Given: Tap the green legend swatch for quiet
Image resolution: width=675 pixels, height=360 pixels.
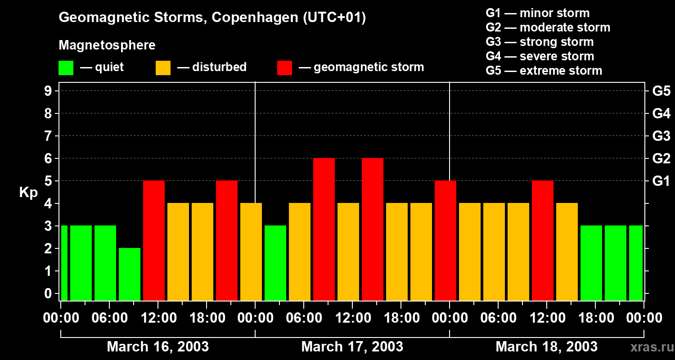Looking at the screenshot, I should pyautogui.click(x=66, y=67).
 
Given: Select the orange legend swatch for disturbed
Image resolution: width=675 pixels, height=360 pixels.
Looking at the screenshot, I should pyautogui.click(x=163, y=67).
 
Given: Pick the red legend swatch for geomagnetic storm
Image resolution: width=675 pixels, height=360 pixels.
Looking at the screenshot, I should pyautogui.click(x=284, y=67).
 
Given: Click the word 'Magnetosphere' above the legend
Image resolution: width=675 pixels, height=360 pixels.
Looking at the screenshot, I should pyautogui.click(x=107, y=45).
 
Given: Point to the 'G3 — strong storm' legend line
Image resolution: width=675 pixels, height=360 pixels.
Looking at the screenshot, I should pyautogui.click(x=540, y=42).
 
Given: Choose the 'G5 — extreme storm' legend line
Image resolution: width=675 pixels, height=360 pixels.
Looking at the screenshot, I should pyautogui.click(x=544, y=71).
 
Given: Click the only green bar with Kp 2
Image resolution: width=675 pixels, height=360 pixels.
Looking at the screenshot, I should pyautogui.click(x=130, y=274).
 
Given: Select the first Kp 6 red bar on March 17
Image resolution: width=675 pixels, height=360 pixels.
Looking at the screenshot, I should pyautogui.click(x=324, y=229).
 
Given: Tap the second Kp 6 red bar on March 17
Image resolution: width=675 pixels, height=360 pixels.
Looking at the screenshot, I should pyautogui.click(x=373, y=229).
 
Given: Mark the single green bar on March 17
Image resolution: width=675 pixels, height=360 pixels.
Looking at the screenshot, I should pyautogui.click(x=275, y=263).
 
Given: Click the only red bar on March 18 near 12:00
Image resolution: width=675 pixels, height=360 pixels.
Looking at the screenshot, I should pyautogui.click(x=543, y=240).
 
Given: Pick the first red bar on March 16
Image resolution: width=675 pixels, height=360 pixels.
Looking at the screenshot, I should pyautogui.click(x=154, y=240).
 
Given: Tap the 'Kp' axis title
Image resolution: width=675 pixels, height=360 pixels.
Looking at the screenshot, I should pyautogui.click(x=28, y=193).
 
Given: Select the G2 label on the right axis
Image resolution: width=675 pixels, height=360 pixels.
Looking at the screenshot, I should pyautogui.click(x=661, y=158).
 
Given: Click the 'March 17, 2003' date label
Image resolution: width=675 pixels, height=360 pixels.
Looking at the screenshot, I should pyautogui.click(x=352, y=347).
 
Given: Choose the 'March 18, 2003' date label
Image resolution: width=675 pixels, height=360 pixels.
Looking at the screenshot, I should pyautogui.click(x=546, y=347).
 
